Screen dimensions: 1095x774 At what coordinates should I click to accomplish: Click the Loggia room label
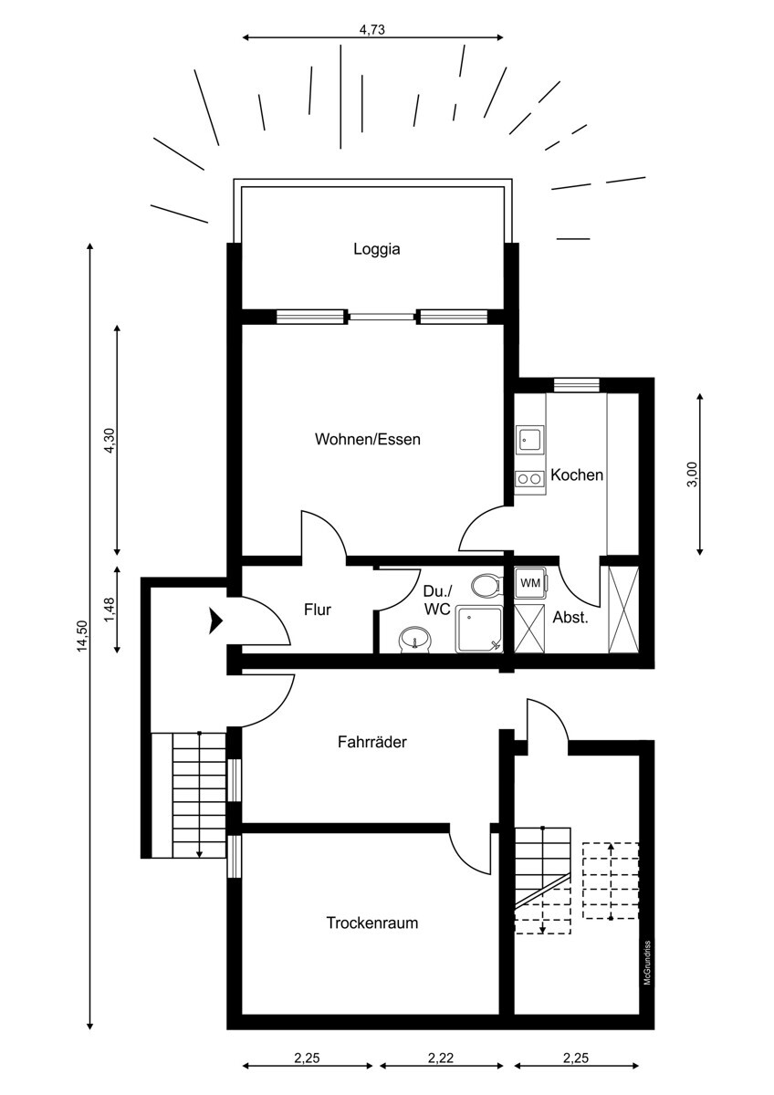point(377,248)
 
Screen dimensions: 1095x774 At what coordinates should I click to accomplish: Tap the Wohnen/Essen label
point(367,439)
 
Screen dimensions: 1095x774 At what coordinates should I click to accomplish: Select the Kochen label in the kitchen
point(576,475)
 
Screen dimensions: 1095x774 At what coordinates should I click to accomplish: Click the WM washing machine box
point(529,582)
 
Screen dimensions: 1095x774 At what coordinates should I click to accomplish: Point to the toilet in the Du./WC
point(486,584)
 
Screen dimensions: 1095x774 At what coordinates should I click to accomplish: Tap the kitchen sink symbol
point(529,440)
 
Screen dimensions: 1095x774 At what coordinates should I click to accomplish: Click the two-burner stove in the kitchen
point(529,478)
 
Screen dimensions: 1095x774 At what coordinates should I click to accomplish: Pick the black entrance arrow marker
point(215,620)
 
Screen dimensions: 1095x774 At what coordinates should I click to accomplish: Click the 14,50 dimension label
point(82,635)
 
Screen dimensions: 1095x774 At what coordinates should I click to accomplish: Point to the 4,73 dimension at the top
point(372,29)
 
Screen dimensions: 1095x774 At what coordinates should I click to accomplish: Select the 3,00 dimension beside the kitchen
point(692,474)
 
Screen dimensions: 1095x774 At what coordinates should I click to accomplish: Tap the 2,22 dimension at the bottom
point(441,1058)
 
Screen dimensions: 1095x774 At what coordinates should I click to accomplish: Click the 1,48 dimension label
point(109,610)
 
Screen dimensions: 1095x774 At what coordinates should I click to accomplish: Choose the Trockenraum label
point(371,923)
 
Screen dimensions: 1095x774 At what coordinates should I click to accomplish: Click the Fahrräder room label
point(371,742)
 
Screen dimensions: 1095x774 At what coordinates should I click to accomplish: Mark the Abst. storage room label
point(570,617)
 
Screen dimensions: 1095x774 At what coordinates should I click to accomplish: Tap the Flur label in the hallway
point(318,610)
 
